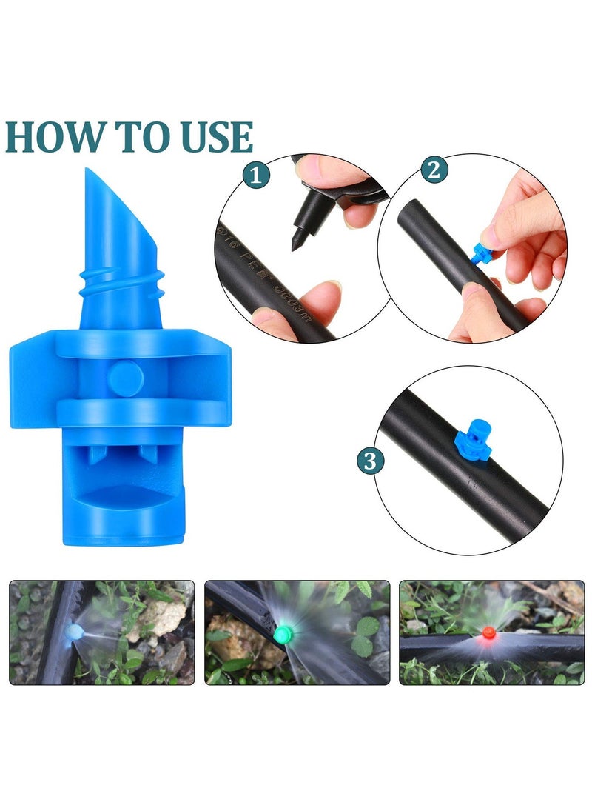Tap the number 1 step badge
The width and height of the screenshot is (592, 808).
pos(256,176)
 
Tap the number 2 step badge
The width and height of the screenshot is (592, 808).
pos(434,170)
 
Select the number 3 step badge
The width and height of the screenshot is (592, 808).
pos(371,461)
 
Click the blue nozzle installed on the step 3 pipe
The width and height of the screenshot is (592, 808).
pos(467,445)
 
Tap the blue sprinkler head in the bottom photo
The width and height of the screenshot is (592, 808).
pos(74,631)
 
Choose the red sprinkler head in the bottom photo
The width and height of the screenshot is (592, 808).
pos(488,633)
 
